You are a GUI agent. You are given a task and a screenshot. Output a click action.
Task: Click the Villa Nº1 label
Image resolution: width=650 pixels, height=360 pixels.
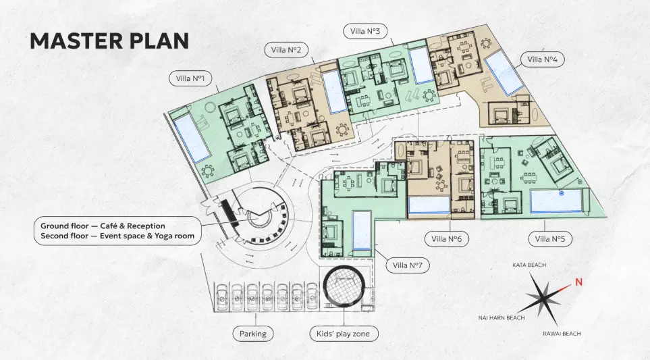(191, 78)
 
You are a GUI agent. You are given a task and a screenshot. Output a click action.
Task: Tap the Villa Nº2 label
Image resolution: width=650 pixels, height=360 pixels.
(286, 50)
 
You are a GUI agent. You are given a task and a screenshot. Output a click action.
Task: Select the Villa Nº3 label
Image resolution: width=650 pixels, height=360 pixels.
(365, 31)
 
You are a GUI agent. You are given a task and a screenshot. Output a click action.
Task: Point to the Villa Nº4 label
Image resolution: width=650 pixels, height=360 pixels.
(543, 59)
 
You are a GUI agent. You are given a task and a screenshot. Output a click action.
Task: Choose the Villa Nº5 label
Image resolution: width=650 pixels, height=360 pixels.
(550, 239)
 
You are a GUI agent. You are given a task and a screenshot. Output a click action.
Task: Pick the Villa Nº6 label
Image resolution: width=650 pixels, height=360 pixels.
(446, 239)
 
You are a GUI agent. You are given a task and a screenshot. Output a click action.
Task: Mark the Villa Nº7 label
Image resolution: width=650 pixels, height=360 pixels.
(408, 265)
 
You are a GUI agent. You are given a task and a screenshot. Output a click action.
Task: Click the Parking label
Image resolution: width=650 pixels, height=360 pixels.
(253, 334)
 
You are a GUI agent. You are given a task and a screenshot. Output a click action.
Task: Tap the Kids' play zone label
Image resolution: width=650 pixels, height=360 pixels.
(344, 334)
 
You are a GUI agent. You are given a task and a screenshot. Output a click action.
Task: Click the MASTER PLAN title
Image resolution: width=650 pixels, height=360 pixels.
(109, 41)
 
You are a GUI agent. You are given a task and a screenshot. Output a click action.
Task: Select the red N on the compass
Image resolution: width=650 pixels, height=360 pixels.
(578, 282)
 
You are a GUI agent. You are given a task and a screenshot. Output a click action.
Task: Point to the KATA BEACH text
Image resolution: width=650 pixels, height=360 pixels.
(529, 265)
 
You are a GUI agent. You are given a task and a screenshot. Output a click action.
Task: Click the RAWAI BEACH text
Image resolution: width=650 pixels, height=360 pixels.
(562, 334)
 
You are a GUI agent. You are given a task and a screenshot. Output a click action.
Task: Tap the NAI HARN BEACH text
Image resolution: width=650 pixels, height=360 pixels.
(502, 318)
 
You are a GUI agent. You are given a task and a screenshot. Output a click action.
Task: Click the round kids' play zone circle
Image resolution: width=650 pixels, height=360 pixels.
(344, 286)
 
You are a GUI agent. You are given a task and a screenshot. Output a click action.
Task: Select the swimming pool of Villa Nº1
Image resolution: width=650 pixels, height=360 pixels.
(191, 138)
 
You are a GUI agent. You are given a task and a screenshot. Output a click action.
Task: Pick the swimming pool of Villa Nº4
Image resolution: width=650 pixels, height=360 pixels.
(504, 72)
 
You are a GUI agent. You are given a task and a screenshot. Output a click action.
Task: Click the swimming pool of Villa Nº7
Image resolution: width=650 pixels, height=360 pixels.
(362, 230)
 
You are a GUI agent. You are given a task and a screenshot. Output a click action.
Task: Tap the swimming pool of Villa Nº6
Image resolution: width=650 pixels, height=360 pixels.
(429, 205)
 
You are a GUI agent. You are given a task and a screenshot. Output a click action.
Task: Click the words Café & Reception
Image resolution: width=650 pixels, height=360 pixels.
(133, 226)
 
